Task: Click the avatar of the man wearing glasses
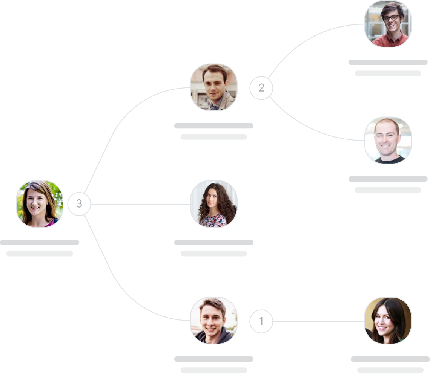click(388, 24)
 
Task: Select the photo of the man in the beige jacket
click(213, 87)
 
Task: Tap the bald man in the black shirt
click(388, 140)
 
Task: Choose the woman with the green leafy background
click(39, 203)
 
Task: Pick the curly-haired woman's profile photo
click(213, 204)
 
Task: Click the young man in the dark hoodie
click(213, 321)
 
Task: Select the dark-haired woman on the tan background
click(388, 321)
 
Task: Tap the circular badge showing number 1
click(261, 321)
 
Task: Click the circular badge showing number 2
click(261, 88)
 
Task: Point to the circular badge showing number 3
click(79, 204)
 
